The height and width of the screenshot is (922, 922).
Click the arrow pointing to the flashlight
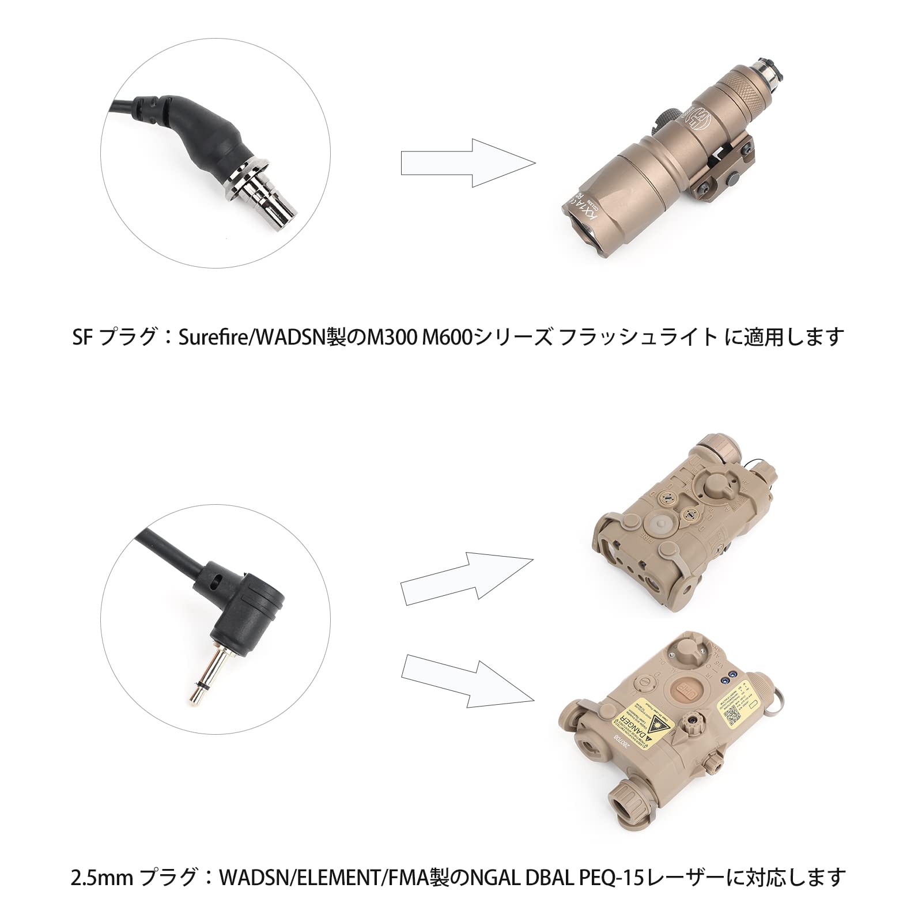468,163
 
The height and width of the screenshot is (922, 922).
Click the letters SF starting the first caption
82,337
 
